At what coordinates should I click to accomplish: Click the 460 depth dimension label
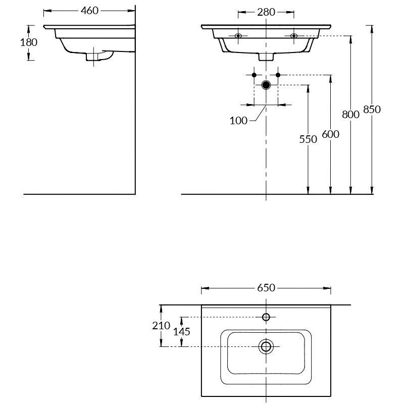pyautogui.click(x=89, y=11)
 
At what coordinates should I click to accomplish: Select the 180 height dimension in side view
pyautogui.click(x=29, y=42)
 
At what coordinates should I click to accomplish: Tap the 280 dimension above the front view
pyautogui.click(x=266, y=12)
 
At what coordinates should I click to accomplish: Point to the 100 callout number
pyautogui.click(x=238, y=121)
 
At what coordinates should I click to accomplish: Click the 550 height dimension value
pyautogui.click(x=308, y=139)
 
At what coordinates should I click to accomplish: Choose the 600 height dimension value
pyautogui.click(x=330, y=134)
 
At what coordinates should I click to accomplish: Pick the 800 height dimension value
pyautogui.click(x=350, y=115)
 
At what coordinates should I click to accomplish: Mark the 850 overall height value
pyautogui.click(x=372, y=110)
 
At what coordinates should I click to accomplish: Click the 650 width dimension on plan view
pyautogui.click(x=266, y=288)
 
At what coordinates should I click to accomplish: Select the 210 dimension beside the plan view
pyautogui.click(x=161, y=326)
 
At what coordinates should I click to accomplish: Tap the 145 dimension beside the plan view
pyautogui.click(x=181, y=331)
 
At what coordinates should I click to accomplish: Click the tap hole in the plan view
pyautogui.click(x=266, y=317)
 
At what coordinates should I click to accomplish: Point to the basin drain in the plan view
pyautogui.click(x=266, y=346)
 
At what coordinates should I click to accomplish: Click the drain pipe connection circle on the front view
pyautogui.click(x=266, y=85)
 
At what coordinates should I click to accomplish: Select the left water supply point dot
pyautogui.click(x=254, y=75)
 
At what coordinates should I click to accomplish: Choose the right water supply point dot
pyautogui.click(x=278, y=75)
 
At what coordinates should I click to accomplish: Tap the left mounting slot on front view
pyautogui.click(x=238, y=35)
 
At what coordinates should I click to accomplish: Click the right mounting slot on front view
pyautogui.click(x=294, y=35)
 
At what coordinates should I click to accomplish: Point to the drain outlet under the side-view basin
pyautogui.click(x=93, y=57)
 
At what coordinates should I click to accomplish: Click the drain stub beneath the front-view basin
pyautogui.click(x=266, y=56)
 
